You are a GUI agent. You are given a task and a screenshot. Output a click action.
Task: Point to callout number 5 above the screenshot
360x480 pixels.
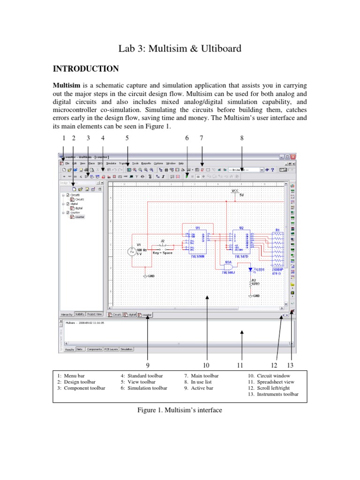[x=127, y=138]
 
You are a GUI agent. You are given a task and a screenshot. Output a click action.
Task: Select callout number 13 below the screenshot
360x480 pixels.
[x=290, y=365]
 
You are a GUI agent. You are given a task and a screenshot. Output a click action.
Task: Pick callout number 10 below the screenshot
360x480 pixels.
[x=206, y=365]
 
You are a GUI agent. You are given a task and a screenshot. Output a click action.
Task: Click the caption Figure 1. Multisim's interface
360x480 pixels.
[x=180, y=410]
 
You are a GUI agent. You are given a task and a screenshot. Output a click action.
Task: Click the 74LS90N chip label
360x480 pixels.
[x=198, y=257]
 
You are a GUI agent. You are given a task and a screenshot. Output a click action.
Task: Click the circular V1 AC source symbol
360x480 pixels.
[x=132, y=252]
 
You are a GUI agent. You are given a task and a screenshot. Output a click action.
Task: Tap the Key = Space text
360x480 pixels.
[x=163, y=253]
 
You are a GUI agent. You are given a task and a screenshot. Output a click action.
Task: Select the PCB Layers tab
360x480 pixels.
[x=111, y=349]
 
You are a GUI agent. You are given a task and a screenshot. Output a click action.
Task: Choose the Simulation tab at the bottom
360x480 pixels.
[x=127, y=349]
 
